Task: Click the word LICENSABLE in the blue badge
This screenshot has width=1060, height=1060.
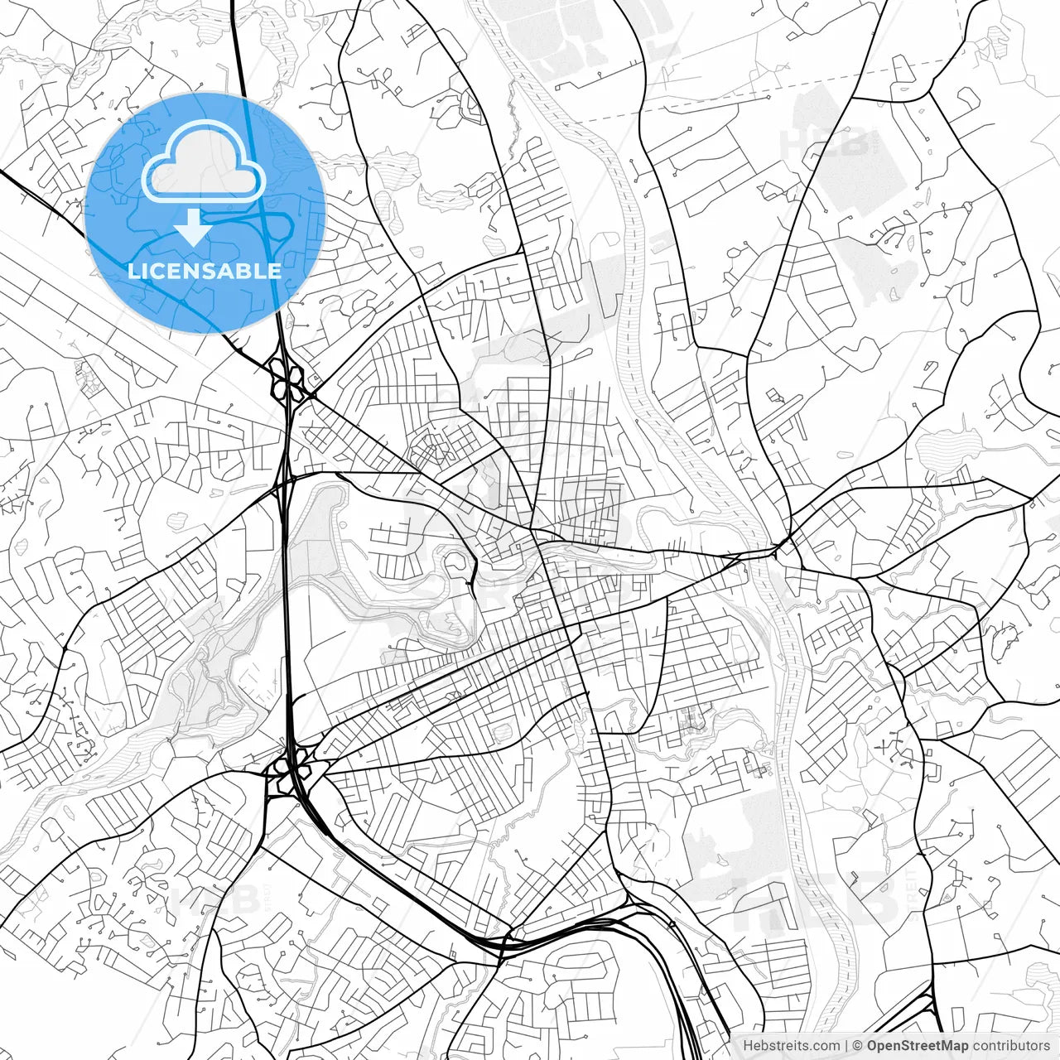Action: pyautogui.click(x=204, y=271)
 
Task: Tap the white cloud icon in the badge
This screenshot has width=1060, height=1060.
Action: pyautogui.click(x=204, y=162)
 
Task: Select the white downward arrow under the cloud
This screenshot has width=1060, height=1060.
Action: pyautogui.click(x=193, y=226)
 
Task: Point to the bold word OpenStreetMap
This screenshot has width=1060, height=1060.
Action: pyautogui.click(x=917, y=1046)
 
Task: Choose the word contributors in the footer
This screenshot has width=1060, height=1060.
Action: pyautogui.click(x=1010, y=1046)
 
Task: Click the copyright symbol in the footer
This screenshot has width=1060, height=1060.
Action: pyautogui.click(x=859, y=1046)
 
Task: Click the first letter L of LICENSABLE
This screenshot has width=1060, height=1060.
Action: pyautogui.click(x=132, y=271)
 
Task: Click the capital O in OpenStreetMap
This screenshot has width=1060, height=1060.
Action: pyautogui.click(x=872, y=1046)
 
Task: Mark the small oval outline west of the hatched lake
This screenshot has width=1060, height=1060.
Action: pyautogui.click(x=845, y=455)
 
